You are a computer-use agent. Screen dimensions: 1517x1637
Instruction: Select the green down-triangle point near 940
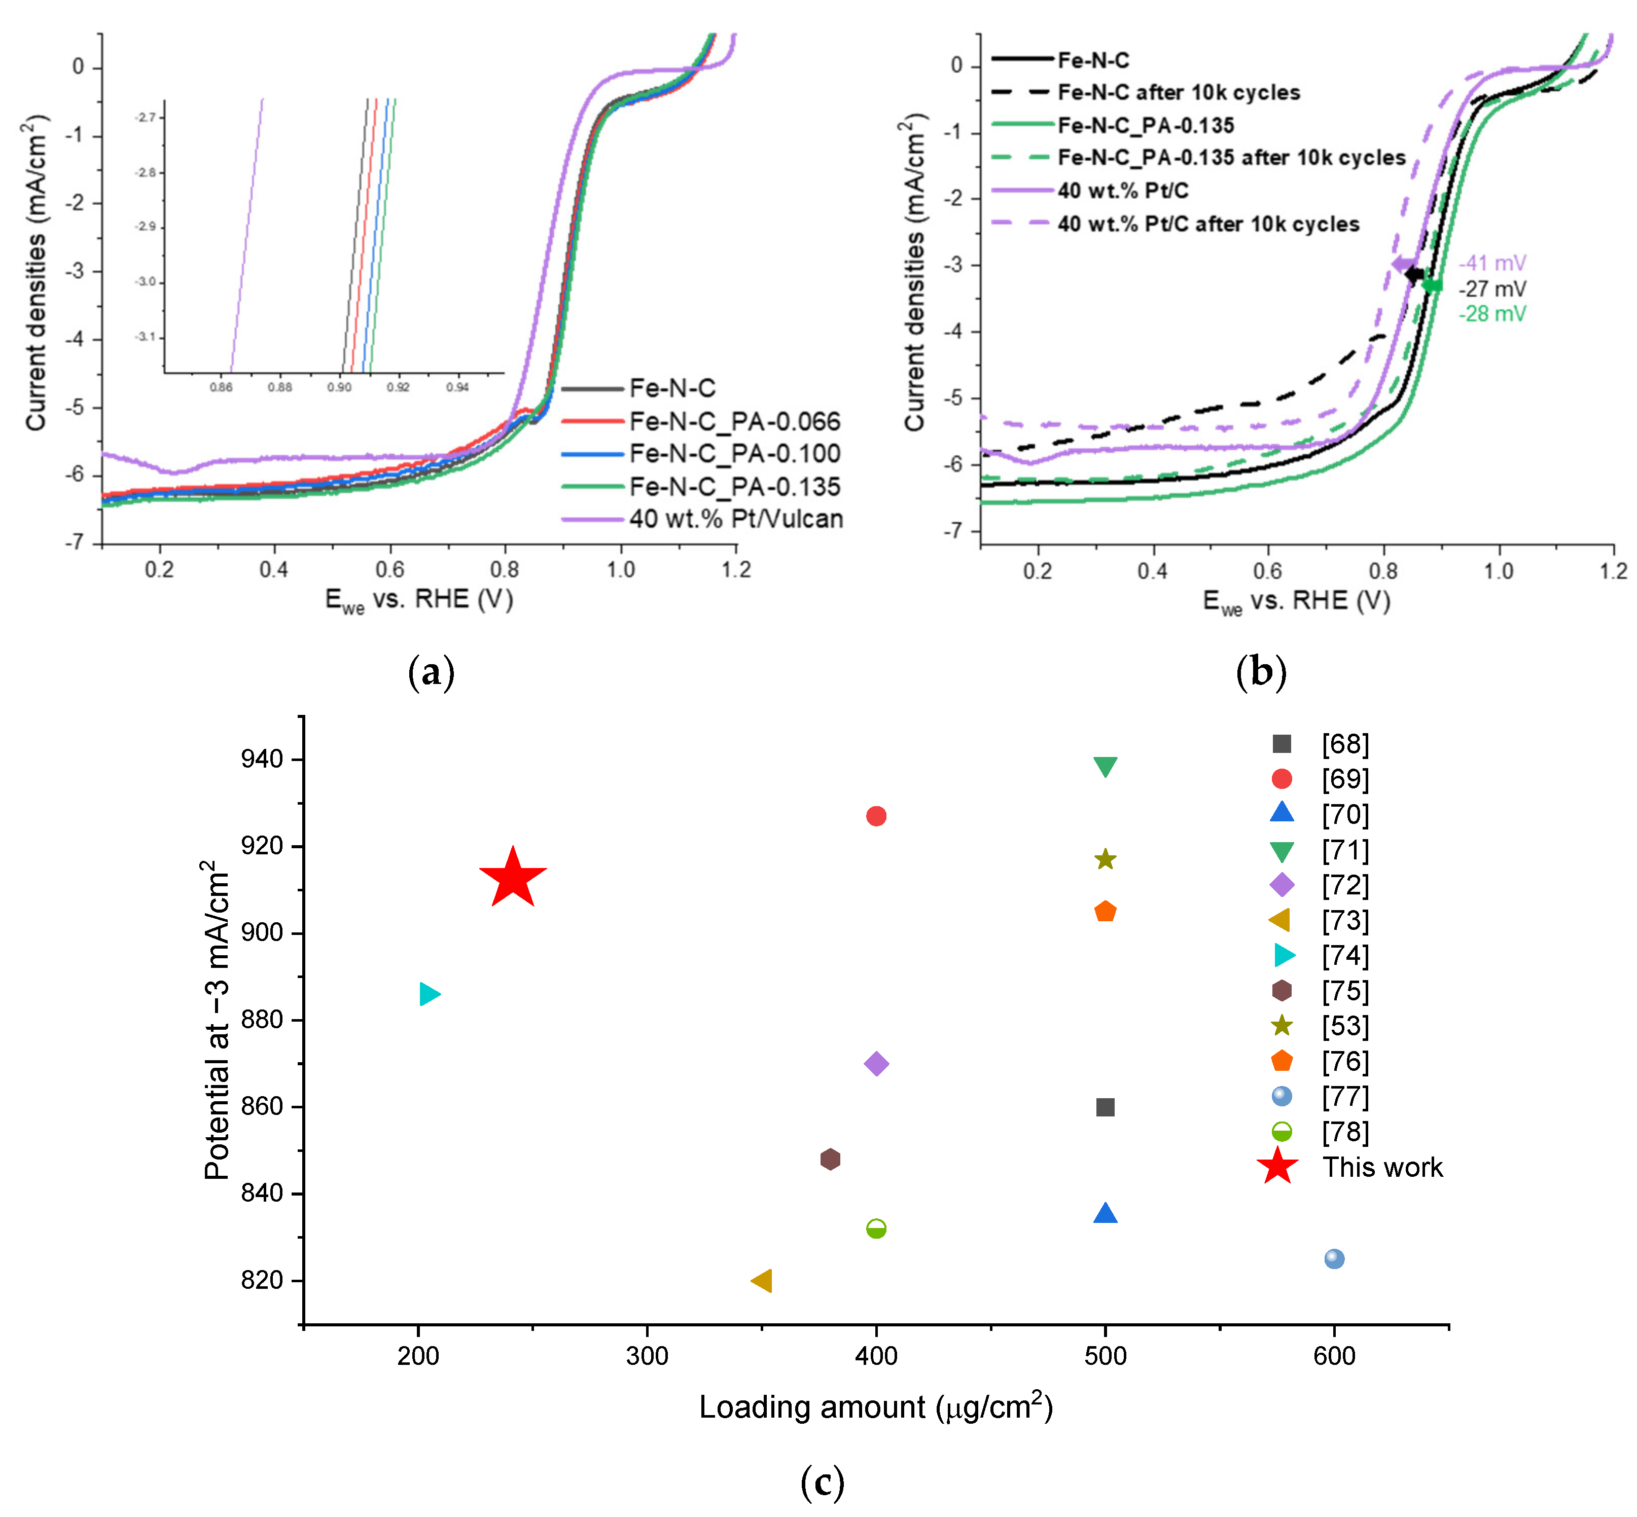click(1105, 766)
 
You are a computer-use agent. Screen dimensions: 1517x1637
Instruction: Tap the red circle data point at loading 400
click(876, 816)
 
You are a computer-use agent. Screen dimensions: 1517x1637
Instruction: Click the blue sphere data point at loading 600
click(1334, 1258)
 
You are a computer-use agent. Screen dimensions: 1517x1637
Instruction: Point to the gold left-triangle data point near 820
click(762, 1281)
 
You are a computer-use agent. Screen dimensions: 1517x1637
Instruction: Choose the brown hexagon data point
click(830, 1159)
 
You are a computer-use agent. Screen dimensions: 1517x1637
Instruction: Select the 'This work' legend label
click(1382, 1167)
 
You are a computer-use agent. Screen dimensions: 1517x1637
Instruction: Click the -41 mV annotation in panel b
click(1491, 263)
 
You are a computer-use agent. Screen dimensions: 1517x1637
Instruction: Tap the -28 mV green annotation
click(1491, 313)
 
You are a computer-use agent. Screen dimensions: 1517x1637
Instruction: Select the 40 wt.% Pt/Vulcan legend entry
click(735, 519)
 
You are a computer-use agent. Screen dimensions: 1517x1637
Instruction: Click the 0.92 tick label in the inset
click(398, 387)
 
